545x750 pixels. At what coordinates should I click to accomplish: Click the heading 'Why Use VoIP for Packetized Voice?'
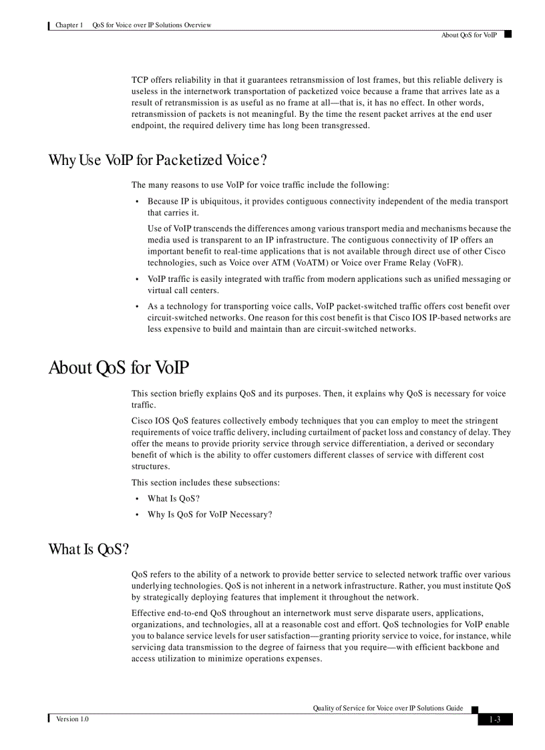[158, 160]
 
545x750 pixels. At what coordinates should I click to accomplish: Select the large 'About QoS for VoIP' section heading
[119, 368]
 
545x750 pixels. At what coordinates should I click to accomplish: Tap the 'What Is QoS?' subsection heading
[88, 549]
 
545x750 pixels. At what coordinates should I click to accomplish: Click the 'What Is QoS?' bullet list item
[174, 498]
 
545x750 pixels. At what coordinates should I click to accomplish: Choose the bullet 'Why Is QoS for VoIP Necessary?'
[210, 514]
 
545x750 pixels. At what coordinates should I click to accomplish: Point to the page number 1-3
[495, 719]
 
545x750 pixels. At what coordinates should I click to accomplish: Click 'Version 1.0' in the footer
[72, 719]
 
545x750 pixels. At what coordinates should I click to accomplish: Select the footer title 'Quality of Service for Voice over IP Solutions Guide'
[388, 708]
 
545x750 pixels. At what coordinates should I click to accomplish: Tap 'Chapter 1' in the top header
[69, 25]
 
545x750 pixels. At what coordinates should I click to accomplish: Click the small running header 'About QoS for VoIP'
[469, 35]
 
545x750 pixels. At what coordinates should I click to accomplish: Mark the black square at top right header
[508, 33]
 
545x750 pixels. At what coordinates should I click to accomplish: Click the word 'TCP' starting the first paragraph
[140, 79]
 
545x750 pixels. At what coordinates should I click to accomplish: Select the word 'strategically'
[165, 597]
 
